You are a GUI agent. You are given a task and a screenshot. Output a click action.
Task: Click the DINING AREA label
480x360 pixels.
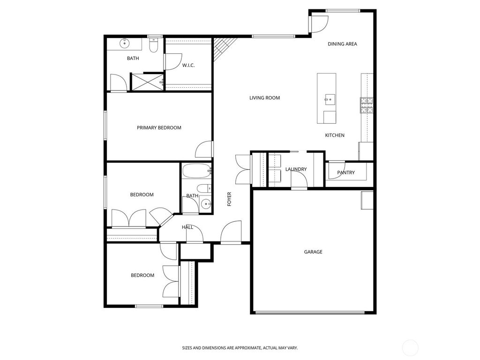click(342, 44)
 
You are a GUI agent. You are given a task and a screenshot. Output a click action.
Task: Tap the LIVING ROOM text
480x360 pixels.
click(264, 98)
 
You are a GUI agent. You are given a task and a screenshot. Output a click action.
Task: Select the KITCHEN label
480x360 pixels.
click(335, 135)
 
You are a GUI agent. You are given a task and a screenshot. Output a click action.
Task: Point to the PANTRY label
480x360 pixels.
click(346, 172)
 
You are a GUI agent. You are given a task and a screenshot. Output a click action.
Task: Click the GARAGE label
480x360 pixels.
click(313, 252)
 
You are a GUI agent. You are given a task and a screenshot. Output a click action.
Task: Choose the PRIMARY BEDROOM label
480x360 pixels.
click(159, 127)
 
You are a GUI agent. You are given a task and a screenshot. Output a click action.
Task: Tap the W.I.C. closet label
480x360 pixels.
click(188, 65)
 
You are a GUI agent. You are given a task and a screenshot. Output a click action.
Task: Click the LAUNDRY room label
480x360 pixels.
click(296, 169)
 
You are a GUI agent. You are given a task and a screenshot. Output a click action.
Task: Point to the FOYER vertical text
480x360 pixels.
click(229, 199)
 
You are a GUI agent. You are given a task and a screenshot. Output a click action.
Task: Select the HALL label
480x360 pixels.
click(187, 227)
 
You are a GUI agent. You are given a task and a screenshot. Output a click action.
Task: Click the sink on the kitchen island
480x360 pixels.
click(329, 98)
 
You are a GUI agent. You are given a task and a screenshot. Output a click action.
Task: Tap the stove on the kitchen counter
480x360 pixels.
click(366, 105)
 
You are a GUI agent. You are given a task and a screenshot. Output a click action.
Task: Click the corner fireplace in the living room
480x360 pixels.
click(220, 49)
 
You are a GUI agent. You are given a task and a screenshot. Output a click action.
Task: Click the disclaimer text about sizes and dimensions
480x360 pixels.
click(240, 348)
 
